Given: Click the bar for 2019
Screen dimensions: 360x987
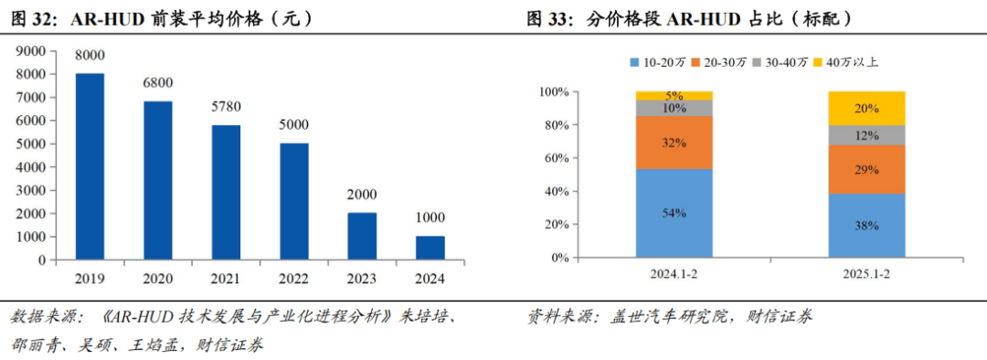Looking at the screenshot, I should click(x=89, y=166).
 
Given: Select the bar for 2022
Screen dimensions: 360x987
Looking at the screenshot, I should click(x=293, y=201).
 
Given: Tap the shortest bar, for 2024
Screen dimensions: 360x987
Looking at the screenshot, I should click(x=430, y=248).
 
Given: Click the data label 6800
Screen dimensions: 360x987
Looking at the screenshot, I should click(x=157, y=83).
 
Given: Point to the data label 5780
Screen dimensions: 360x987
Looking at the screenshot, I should click(x=225, y=107).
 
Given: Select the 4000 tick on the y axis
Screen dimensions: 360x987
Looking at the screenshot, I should click(x=33, y=167).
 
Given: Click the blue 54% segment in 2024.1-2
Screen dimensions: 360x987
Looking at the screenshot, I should click(x=674, y=213).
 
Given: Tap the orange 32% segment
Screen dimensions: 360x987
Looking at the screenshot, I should click(x=674, y=143).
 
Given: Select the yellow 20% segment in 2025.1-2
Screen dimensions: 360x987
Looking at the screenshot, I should click(x=866, y=108).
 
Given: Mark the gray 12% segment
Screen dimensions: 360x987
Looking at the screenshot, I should click(x=866, y=135).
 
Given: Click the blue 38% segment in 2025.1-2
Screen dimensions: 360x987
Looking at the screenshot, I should click(x=866, y=226).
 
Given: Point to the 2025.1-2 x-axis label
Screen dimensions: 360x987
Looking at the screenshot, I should click(x=866, y=275).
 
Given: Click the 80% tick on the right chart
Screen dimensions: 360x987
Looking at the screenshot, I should click(x=554, y=125).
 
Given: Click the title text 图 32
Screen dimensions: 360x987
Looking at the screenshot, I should click(x=32, y=18).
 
